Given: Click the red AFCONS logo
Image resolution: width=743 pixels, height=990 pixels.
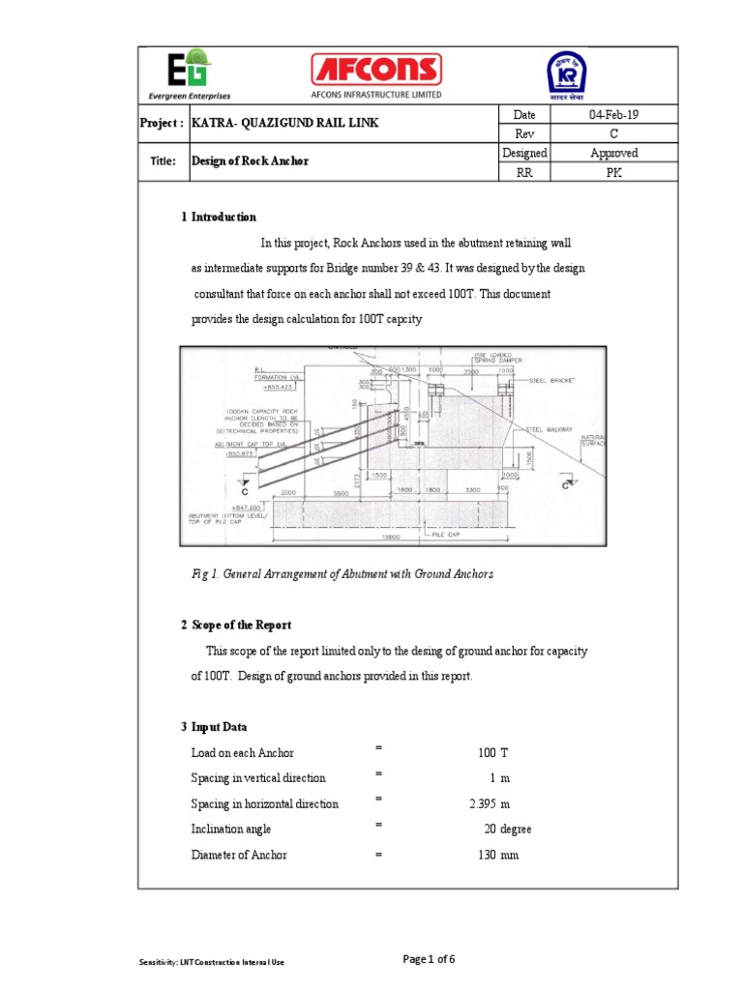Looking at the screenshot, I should point(375,70).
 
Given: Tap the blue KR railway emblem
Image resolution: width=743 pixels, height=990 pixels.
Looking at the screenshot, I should point(567,73).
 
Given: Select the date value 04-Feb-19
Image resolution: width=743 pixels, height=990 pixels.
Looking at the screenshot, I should point(613,115).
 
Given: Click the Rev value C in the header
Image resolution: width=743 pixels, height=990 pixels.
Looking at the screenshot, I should point(613,134).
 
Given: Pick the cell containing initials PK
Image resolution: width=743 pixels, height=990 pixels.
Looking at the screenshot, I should point(613,172).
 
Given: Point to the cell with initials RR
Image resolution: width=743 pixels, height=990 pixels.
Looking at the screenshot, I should point(524,172).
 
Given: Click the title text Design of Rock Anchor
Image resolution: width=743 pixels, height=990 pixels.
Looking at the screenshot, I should point(250,161).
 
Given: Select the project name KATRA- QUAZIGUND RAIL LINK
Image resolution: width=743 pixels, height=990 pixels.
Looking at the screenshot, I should point(284,124).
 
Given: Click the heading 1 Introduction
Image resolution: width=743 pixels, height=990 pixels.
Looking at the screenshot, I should point(219,218).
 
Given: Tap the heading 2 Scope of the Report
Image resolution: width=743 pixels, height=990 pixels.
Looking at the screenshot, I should point(235,626).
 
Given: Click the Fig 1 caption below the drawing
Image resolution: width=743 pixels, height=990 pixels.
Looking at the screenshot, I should point(342,574).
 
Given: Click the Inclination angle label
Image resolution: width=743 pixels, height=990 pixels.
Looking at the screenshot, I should point(231,830).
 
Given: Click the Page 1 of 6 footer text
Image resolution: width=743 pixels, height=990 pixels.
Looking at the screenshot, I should point(429,959).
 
